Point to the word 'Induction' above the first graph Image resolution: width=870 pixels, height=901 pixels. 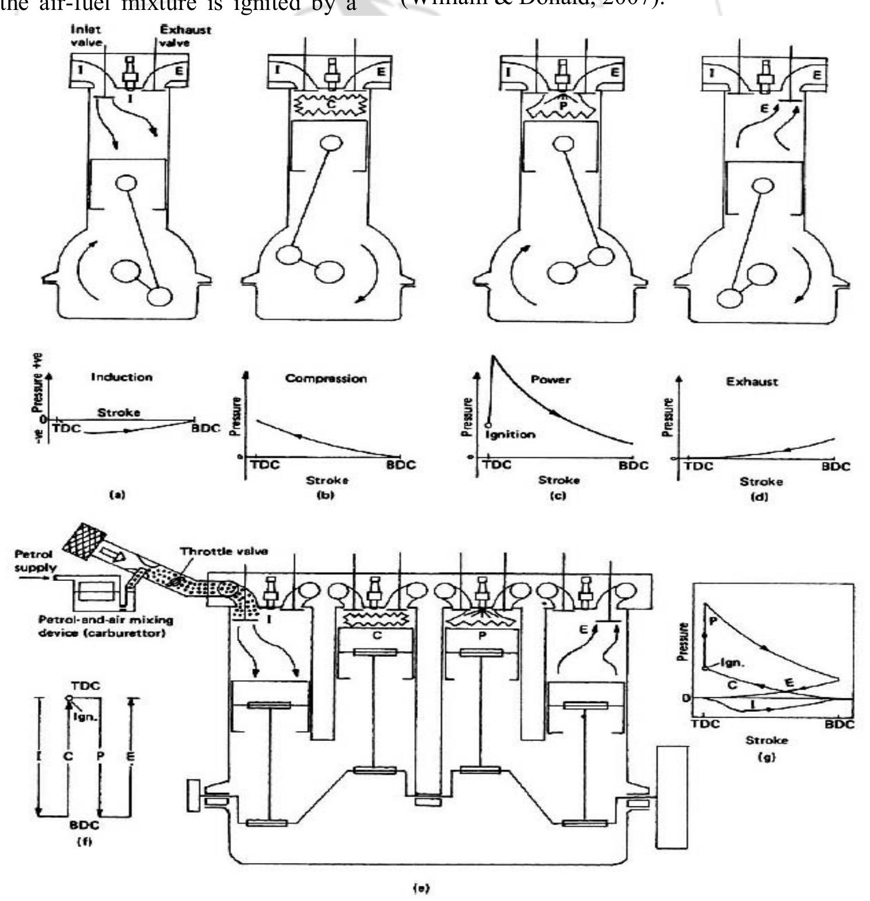click(x=121, y=377)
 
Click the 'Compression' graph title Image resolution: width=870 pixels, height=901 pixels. click(x=326, y=378)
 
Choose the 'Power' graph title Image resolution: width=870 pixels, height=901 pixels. click(x=550, y=380)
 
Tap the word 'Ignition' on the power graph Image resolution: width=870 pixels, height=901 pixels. click(x=510, y=434)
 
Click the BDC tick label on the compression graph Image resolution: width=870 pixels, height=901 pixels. click(x=401, y=465)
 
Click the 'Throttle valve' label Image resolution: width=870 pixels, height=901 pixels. click(x=223, y=551)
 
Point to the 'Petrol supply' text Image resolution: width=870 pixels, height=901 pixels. click(x=36, y=560)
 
